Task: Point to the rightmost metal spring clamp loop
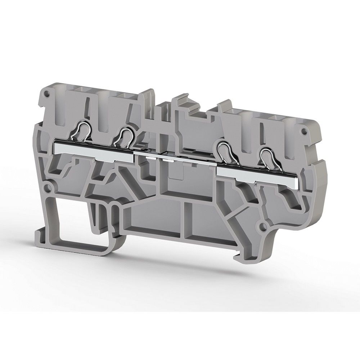click(x=267, y=159)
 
